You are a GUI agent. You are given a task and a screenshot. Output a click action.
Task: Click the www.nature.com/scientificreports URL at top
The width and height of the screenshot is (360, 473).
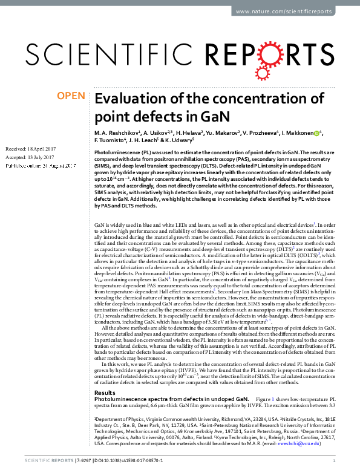click(295, 11)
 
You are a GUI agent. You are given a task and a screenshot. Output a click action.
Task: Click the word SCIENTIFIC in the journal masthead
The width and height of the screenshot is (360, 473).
click(108, 56)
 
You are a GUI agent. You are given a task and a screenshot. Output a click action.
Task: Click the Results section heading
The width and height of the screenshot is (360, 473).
click(106, 376)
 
